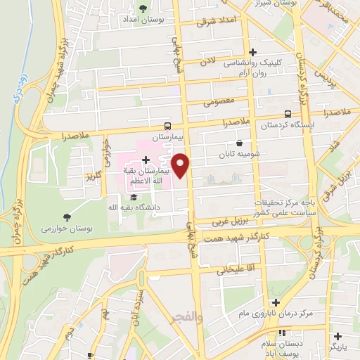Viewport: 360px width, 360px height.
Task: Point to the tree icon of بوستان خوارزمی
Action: point(67,217)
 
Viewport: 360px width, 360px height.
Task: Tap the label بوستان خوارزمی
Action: point(67,229)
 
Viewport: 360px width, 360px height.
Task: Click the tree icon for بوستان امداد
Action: point(143,8)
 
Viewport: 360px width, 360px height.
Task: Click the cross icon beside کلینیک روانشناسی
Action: point(253,52)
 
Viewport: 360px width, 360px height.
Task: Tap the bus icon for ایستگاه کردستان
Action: point(287,113)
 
